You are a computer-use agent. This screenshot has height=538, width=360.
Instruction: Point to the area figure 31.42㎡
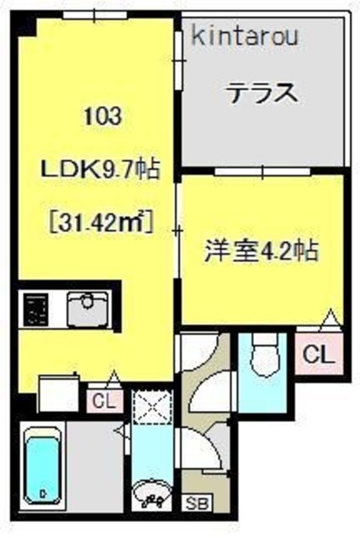click(99, 224)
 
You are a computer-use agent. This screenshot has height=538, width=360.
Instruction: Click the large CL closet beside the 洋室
click(319, 354)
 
